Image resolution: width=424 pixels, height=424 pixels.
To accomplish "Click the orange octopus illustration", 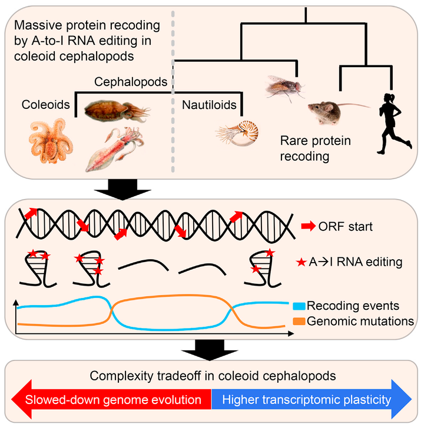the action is pyautogui.click(x=51, y=141).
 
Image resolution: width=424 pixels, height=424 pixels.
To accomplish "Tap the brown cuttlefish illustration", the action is pyautogui.click(x=117, y=110).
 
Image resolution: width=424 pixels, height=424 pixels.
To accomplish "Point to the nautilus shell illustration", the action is pyautogui.click(x=237, y=133).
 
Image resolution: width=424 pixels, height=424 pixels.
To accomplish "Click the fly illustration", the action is pyautogui.click(x=284, y=87).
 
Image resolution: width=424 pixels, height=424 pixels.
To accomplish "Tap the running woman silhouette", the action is pyautogui.click(x=394, y=124).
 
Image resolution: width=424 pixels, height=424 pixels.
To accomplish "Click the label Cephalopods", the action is pyautogui.click(x=131, y=82).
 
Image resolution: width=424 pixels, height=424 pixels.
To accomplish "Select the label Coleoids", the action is pyautogui.click(x=46, y=105).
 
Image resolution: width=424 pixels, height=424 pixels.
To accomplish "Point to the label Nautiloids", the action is pyautogui.click(x=209, y=105).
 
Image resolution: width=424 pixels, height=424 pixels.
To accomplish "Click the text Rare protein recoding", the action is pyautogui.click(x=315, y=148).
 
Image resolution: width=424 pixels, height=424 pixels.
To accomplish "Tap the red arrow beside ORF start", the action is pyautogui.click(x=308, y=226).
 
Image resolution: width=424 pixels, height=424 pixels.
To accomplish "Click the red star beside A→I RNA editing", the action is pyautogui.click(x=302, y=262).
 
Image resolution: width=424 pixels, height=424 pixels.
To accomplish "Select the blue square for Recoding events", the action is pyautogui.click(x=299, y=306).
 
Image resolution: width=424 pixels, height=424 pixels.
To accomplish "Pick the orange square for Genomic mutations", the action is pyautogui.click(x=299, y=322).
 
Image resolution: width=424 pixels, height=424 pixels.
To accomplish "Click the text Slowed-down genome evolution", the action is pyautogui.click(x=113, y=400).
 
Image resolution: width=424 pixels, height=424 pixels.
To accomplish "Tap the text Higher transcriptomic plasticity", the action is pyautogui.click(x=307, y=400).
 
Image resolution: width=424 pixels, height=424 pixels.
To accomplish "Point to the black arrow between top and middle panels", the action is pyautogui.click(x=122, y=190).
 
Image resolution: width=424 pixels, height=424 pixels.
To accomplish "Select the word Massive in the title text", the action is pyautogui.click(x=38, y=25).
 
